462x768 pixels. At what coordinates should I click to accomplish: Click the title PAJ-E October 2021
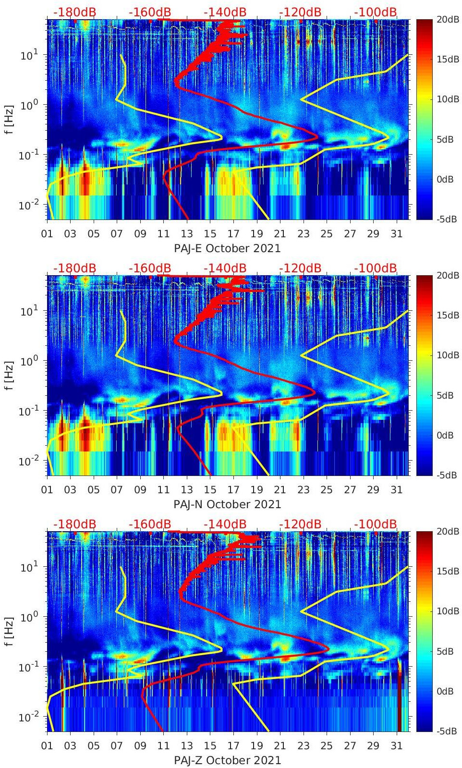click(x=227, y=248)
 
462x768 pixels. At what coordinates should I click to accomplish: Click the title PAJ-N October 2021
click(x=227, y=504)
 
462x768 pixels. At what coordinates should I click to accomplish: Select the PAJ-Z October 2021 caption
click(x=227, y=760)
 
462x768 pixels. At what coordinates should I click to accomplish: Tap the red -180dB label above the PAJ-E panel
click(x=74, y=12)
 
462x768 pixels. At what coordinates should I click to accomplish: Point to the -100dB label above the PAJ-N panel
click(x=376, y=268)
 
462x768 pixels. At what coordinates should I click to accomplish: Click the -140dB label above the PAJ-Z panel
click(x=225, y=524)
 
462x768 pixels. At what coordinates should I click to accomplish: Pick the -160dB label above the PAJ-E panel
click(x=150, y=12)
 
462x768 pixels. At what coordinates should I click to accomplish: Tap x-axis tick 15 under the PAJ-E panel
click(x=210, y=234)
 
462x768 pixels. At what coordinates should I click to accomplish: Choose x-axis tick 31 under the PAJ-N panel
click(x=396, y=490)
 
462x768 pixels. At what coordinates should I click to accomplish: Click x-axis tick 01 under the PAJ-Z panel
click(x=47, y=746)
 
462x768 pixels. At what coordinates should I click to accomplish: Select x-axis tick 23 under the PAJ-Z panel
click(x=303, y=746)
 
